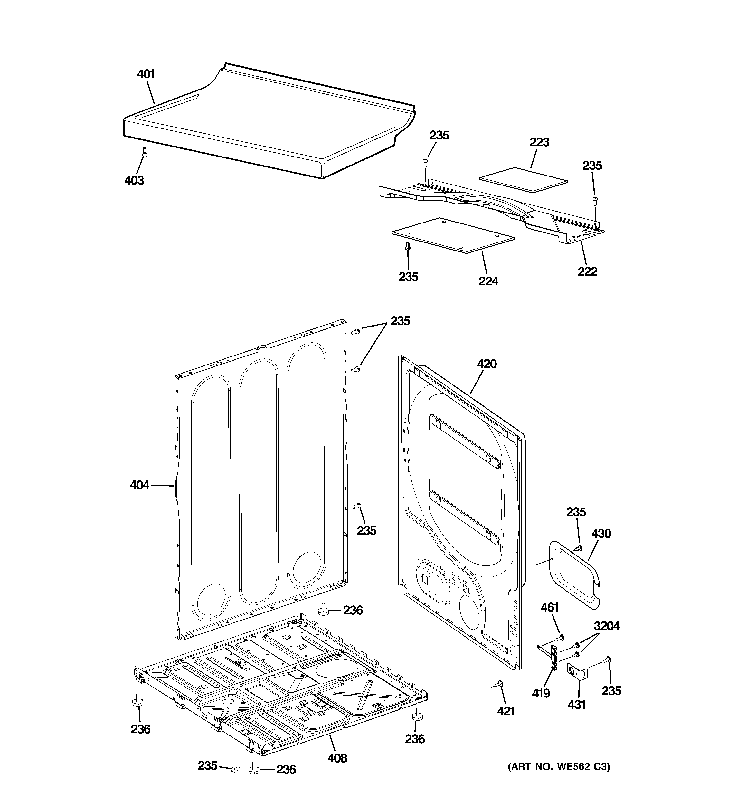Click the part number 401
[146, 74]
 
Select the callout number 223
[539, 142]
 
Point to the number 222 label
[587, 271]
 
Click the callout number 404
[139, 485]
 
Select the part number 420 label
[487, 364]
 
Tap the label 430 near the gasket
[601, 533]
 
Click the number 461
[549, 607]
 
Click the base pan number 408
[337, 758]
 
